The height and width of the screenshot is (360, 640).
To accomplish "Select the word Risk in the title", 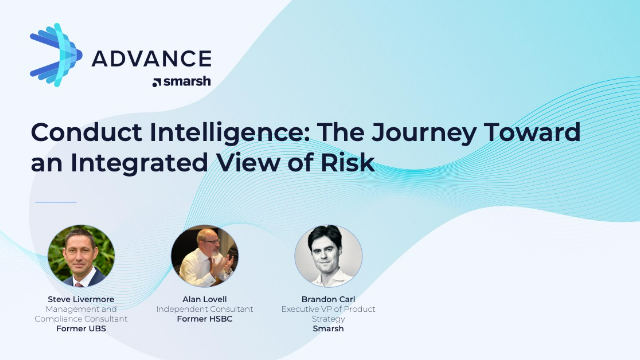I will pos(349,162).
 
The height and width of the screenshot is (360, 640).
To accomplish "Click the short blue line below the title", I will pos(55,203).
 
